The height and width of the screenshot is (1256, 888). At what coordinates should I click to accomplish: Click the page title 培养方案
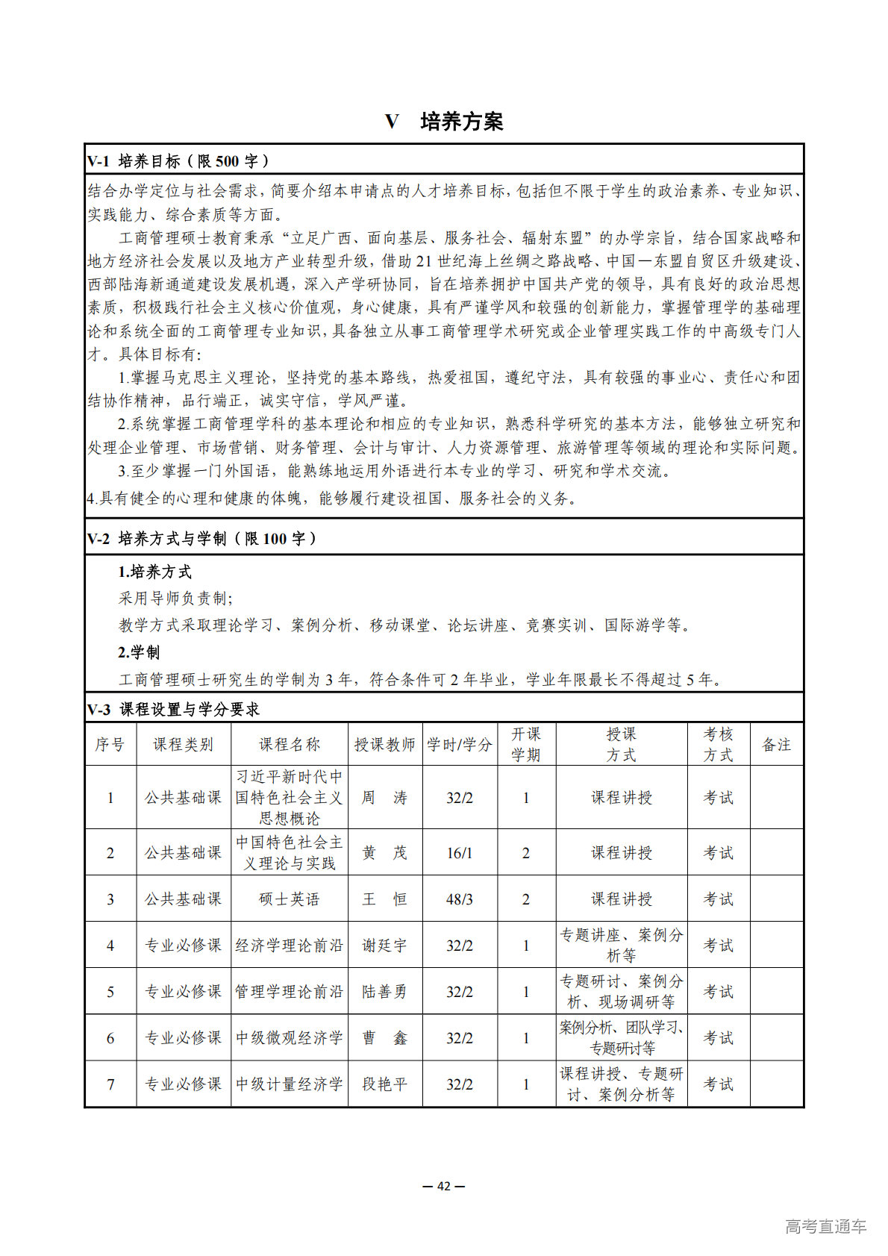[461, 122]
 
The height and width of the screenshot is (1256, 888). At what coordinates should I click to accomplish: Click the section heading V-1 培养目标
[178, 161]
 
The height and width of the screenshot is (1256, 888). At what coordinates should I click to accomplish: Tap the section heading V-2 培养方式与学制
[201, 539]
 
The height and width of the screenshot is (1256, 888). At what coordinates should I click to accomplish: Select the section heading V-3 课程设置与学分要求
[173, 710]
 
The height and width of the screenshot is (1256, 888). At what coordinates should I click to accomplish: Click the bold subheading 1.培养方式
[154, 572]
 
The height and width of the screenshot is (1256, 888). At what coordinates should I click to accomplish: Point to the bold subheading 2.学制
[139, 652]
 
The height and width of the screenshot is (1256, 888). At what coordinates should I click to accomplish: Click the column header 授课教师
[384, 744]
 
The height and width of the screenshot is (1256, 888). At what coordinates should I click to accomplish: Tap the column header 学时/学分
[459, 744]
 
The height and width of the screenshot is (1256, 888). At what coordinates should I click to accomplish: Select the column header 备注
[776, 744]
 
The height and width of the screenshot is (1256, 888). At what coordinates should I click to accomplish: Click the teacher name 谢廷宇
[384, 946]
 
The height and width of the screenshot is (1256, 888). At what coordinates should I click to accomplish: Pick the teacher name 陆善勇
[384, 992]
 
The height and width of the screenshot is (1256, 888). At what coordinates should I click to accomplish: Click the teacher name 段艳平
[384, 1084]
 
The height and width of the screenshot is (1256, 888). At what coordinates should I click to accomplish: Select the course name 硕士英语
[289, 899]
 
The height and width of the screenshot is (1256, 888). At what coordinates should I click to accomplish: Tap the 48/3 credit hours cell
[459, 899]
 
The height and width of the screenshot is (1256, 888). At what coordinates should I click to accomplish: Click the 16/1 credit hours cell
[459, 853]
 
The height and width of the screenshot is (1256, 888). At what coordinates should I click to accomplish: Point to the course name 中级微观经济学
[289, 1038]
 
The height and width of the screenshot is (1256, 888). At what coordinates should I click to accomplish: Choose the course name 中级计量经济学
[289, 1084]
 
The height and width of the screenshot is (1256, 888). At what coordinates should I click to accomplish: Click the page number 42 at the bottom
[444, 1186]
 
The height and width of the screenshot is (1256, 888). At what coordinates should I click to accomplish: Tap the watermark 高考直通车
[825, 1225]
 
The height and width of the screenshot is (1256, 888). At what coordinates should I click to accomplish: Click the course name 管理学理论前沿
[289, 992]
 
